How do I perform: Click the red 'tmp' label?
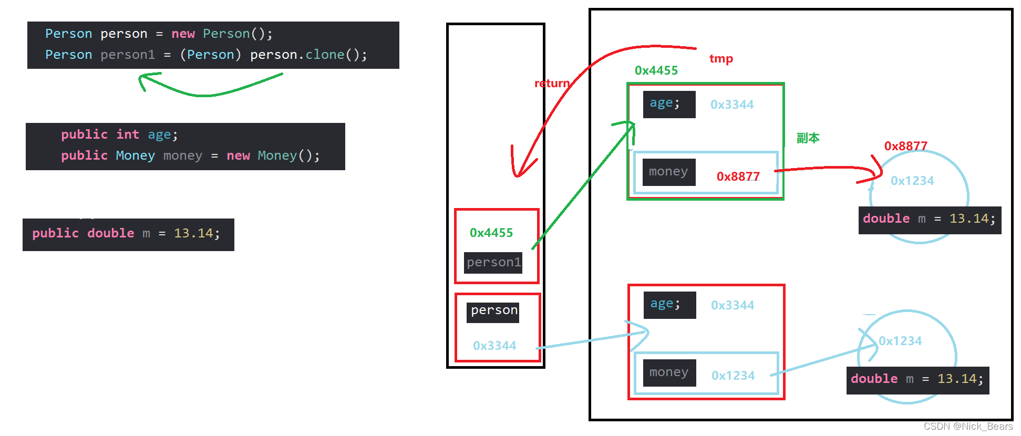point(721,59)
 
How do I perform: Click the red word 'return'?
point(552,84)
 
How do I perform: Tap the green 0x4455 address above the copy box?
point(656,70)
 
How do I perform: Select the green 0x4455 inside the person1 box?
point(491,233)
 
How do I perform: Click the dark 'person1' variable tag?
point(493,262)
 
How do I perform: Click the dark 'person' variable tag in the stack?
point(493,311)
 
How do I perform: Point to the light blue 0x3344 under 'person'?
point(494,346)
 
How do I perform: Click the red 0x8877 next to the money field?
point(738,177)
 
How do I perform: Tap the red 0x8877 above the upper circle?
point(905,146)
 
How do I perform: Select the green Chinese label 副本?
point(808,138)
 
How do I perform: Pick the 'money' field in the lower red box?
point(669,372)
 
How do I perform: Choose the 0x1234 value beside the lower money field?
point(733,376)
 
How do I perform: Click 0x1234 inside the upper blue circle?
point(912,181)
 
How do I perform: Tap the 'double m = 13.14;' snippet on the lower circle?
point(917,379)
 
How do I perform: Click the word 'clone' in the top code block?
point(325,55)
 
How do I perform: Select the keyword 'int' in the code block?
point(128,134)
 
